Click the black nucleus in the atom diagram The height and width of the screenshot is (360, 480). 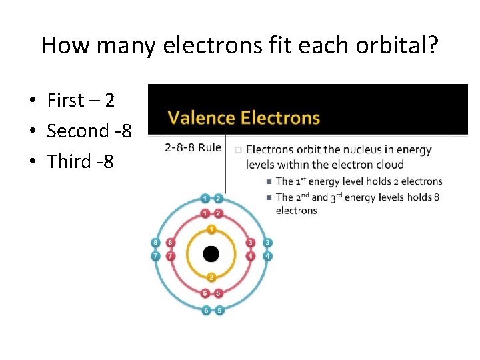click(211, 254)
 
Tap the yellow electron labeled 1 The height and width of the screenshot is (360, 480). click(211, 230)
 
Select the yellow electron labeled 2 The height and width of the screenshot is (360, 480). click(211, 277)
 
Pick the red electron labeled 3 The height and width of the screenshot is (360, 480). click(251, 243)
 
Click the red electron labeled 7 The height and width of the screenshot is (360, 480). click(171, 256)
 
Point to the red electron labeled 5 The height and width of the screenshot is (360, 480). click(218, 293)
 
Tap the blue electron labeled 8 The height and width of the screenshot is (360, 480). click(156, 243)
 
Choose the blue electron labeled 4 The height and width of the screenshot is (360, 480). click(267, 256)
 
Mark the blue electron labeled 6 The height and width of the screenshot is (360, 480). click(205, 311)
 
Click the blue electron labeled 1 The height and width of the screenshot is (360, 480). click(205, 199)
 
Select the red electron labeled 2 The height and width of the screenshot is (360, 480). click(218, 213)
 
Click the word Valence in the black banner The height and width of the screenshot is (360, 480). click(201, 119)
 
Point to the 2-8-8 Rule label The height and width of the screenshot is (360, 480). click(193, 147)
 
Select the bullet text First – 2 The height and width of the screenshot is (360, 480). click(81, 101)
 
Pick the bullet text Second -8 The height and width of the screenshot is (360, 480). click(89, 131)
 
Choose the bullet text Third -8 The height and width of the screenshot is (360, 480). click(81, 161)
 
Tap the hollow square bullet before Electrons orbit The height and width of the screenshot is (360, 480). click(238, 150)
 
